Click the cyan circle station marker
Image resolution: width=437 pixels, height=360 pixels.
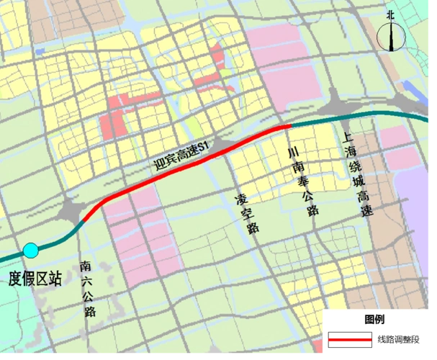[31, 251]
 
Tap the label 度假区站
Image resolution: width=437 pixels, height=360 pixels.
[34, 279]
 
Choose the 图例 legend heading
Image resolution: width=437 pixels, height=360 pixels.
[374, 320]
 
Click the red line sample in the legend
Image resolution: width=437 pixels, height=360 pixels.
[350, 339]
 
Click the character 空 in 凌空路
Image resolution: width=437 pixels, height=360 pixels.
[248, 212]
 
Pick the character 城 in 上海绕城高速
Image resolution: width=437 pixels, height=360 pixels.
[359, 180]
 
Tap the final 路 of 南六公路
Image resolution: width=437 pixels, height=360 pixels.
[90, 311]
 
